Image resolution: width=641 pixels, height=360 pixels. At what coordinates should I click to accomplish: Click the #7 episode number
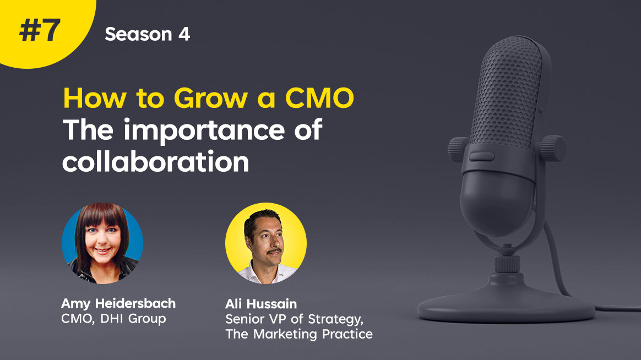40,31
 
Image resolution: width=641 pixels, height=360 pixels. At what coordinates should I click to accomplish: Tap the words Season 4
147,34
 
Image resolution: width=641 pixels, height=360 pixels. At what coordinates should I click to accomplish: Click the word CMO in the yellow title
319,98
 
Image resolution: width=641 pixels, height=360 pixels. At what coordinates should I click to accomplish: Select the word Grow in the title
210,98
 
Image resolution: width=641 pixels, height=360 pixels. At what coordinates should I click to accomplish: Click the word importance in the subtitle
204,131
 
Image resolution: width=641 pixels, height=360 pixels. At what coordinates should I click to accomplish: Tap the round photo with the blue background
102,243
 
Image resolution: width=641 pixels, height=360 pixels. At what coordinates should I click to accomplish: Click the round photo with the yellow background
266,243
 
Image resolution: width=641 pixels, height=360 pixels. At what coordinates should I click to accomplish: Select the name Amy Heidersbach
118,304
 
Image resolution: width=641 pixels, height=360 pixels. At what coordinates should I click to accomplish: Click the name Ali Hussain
261,304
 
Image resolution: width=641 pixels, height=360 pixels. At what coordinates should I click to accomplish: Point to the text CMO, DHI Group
113,319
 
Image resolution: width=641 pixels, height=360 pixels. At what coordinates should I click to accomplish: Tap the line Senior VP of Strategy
294,319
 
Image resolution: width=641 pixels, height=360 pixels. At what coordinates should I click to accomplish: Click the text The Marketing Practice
299,334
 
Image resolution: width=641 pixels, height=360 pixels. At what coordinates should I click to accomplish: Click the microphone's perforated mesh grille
507,94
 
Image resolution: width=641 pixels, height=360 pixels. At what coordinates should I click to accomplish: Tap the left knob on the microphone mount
458,149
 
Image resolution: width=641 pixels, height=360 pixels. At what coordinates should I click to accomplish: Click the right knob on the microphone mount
553,148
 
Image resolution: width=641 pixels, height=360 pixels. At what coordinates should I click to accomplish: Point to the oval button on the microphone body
481,156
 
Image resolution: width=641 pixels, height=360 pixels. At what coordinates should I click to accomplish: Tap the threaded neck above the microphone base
507,264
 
